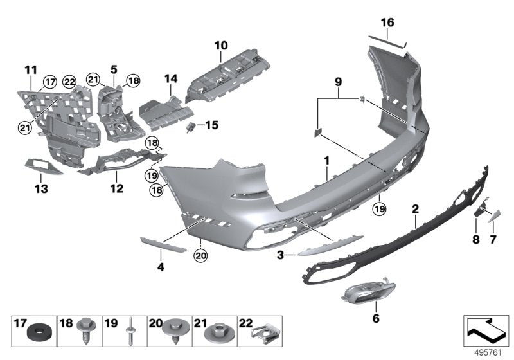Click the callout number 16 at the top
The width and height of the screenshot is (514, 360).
click(387, 22)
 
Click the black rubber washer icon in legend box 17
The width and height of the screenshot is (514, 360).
click(39, 333)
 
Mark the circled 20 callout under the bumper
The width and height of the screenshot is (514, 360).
click(200, 255)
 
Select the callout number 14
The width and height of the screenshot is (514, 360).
click(170, 78)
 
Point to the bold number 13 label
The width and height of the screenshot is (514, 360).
click(40, 189)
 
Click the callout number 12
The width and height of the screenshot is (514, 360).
click(116, 189)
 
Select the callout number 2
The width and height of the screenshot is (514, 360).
click(416, 208)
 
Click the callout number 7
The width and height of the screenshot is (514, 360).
click(493, 240)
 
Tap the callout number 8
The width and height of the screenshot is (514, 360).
click(475, 240)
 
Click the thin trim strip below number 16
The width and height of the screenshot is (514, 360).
click(388, 40)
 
